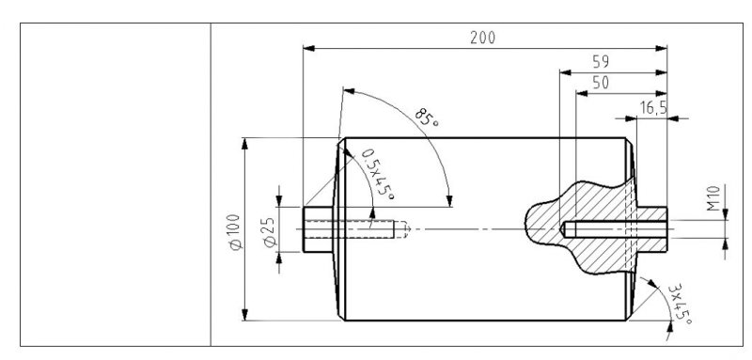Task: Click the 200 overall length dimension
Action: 482,38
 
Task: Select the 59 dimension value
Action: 601,62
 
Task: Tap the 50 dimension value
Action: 601,83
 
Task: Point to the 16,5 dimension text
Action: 653,108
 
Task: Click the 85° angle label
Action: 427,117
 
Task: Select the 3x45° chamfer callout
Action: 680,304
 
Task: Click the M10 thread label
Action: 713,198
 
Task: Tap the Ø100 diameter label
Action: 235,232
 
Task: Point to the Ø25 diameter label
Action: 270,232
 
